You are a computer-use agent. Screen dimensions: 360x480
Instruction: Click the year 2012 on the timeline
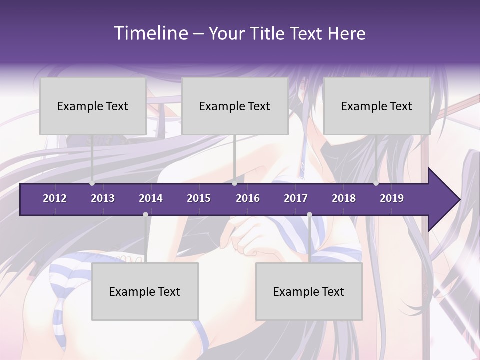click(x=55, y=198)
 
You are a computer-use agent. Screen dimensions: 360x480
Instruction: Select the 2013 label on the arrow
click(x=103, y=198)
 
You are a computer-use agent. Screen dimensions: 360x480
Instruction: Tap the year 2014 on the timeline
click(x=151, y=198)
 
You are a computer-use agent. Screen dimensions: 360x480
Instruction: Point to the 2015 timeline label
click(x=199, y=198)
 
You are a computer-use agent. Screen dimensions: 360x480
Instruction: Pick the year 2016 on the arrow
click(x=248, y=198)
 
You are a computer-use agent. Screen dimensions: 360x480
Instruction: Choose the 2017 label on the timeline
click(x=296, y=198)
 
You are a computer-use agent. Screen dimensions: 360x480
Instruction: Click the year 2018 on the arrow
click(x=344, y=198)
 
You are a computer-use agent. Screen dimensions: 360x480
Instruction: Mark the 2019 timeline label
click(x=392, y=198)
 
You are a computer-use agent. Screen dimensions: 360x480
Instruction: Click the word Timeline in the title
click(x=150, y=33)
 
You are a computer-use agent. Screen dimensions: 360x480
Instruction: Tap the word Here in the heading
click(x=346, y=34)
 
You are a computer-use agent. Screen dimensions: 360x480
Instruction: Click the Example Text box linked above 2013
click(x=93, y=106)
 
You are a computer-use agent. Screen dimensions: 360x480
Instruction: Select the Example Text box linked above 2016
click(x=235, y=106)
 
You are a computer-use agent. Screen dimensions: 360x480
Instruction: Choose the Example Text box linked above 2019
click(x=377, y=106)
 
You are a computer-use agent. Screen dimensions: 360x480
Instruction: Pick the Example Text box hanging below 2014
click(x=145, y=291)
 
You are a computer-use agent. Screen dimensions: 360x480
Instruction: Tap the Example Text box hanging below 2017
click(x=309, y=291)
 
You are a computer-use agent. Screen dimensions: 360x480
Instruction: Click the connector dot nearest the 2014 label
click(x=145, y=215)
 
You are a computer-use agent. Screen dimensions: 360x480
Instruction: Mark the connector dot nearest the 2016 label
click(x=235, y=183)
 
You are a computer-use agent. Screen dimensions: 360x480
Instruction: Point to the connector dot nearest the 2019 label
click(x=376, y=183)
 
